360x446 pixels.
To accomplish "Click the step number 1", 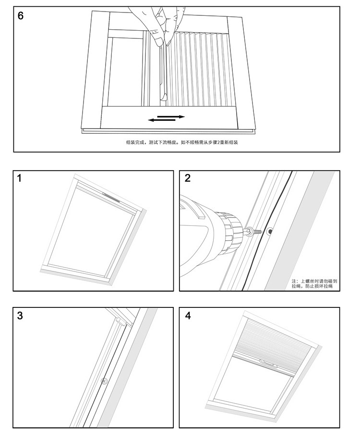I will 20,178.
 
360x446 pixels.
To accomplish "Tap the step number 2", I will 188,178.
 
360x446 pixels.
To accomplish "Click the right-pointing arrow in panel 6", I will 171,116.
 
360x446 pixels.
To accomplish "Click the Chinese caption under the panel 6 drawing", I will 182,142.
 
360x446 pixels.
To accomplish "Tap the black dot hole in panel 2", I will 270,232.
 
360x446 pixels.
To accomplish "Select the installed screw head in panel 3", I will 104,381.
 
